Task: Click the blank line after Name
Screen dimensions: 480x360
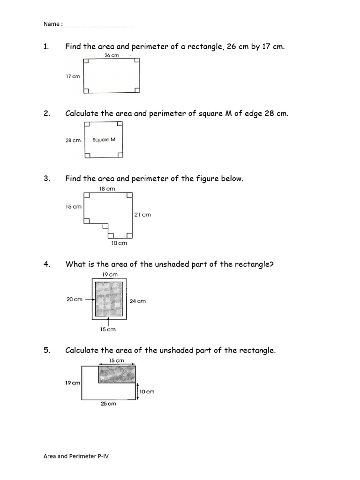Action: [x=98, y=24]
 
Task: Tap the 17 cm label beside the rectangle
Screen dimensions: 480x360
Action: [x=73, y=76]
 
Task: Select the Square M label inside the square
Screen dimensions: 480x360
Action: [x=104, y=140]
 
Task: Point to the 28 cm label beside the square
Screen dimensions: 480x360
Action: [x=73, y=140]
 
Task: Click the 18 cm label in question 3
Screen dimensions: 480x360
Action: [x=107, y=188]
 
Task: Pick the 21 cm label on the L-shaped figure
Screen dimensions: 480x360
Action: [x=143, y=215]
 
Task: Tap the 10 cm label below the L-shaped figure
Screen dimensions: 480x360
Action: [x=119, y=243]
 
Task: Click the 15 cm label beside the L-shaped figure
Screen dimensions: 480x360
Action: [x=74, y=206]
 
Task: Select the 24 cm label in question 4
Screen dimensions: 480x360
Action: [x=138, y=301]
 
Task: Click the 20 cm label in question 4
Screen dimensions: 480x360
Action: [x=75, y=299]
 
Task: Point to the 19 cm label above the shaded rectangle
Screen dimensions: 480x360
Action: [x=110, y=275]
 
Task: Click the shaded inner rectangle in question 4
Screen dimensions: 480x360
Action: [x=109, y=300]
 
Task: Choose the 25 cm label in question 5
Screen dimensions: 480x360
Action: [x=108, y=404]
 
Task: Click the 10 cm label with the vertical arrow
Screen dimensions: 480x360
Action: [x=147, y=391]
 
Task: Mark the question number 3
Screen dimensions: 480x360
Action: [x=46, y=179]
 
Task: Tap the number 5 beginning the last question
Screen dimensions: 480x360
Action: [x=46, y=351]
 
